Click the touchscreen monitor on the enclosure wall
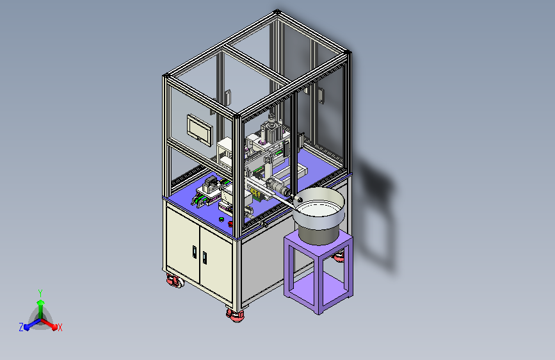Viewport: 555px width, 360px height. (199, 129)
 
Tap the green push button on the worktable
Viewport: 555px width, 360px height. (221, 219)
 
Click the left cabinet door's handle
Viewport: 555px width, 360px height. (195, 251)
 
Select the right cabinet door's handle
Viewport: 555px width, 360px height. (204, 258)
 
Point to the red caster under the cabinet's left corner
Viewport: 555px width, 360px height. (175, 281)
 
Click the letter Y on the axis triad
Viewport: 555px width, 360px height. (40, 293)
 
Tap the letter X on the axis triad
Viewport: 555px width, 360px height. (60, 328)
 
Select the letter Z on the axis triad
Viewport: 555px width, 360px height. (21, 327)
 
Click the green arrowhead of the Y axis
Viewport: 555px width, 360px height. (41, 302)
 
